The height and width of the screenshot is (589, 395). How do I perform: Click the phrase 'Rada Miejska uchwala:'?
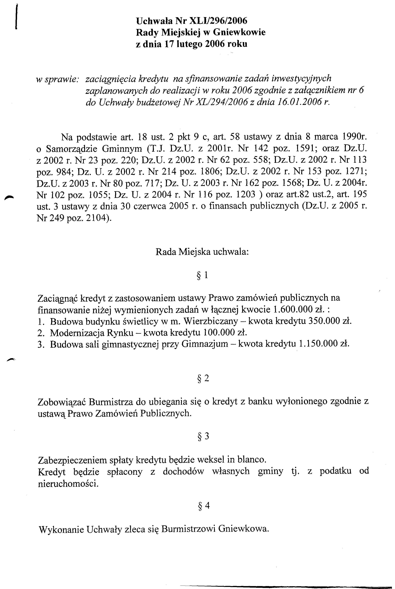tap(202, 252)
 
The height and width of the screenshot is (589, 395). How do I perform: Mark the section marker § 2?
tap(203, 378)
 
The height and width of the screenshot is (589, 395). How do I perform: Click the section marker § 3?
tap(203, 436)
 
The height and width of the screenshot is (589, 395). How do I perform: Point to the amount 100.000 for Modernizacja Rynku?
tap(219, 333)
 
